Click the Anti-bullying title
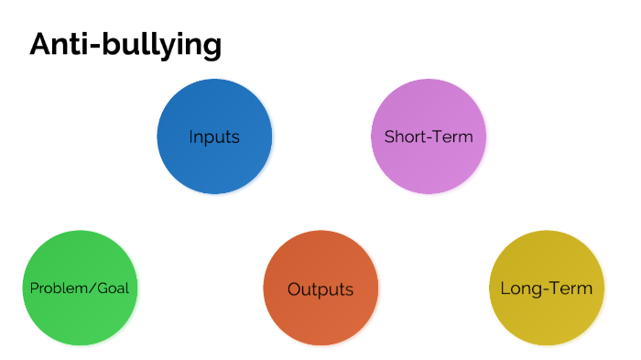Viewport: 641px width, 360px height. coord(125,44)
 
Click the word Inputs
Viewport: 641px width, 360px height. coord(214,137)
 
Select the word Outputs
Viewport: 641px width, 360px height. coord(320,289)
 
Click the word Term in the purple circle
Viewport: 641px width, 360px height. coord(453,137)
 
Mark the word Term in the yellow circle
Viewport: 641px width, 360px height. coord(572,289)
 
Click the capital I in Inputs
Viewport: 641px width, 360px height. coord(191,137)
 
